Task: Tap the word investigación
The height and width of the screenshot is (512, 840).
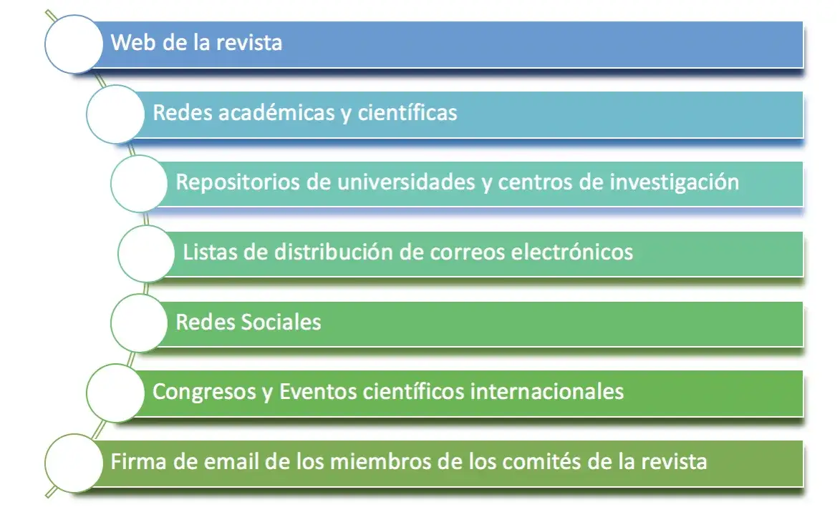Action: pos(674,182)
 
